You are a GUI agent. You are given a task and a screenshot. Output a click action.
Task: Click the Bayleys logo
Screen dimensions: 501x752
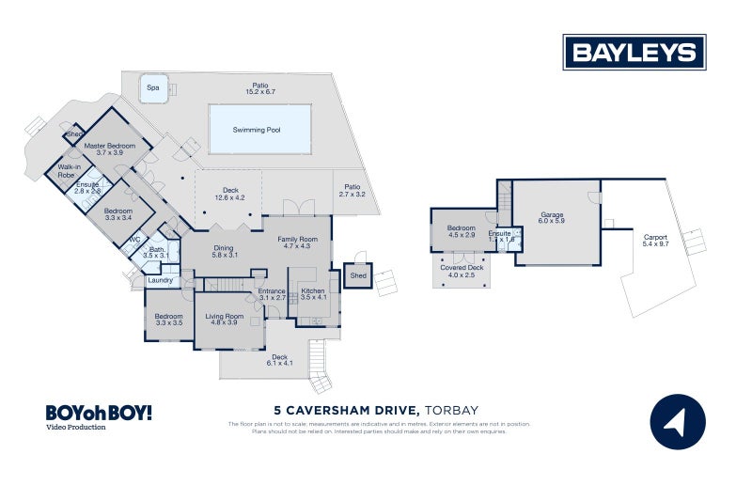coord(634,53)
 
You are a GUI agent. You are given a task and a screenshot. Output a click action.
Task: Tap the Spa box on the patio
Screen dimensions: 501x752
coord(152,89)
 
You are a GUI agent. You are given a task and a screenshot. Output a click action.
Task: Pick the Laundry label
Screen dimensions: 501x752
coord(160,280)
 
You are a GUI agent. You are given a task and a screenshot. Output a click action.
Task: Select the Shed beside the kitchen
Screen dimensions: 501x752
coord(358,276)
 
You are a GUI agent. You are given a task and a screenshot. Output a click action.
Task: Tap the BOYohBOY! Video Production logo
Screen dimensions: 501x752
coord(98,416)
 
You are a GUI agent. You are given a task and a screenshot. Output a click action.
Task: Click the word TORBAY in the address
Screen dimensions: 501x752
coord(452,411)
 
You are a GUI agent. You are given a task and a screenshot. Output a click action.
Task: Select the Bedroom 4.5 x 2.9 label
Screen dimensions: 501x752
coord(461,231)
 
